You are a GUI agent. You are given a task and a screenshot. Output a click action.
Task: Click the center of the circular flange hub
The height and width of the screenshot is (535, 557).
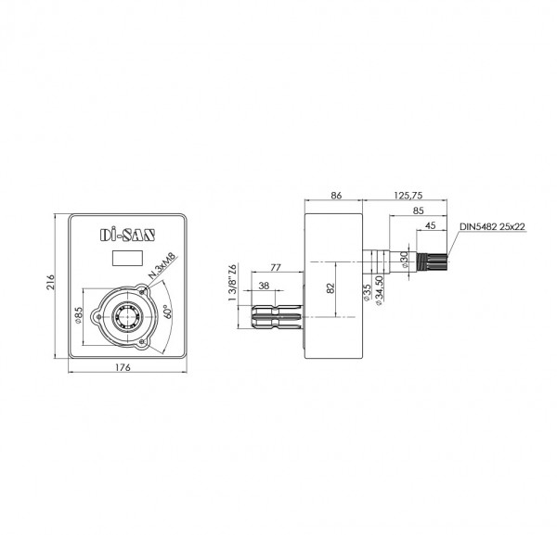pos(126,316)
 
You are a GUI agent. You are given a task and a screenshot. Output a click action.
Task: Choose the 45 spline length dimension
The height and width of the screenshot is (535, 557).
pos(431,223)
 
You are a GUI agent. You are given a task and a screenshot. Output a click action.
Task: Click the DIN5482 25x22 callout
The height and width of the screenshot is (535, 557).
pos(491,225)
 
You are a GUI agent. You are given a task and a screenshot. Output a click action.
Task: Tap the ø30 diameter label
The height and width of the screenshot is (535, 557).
pos(404,259)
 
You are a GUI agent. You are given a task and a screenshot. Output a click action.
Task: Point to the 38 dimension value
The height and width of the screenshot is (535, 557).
pos(266,286)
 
